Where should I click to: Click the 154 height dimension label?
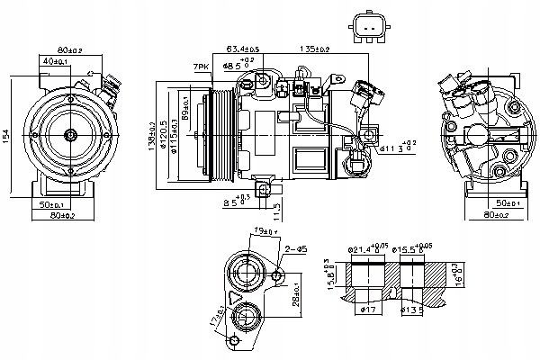pos(6,134)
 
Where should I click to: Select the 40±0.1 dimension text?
pos(52,62)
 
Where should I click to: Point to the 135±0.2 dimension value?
pos(313,49)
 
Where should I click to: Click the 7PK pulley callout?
pos(200,68)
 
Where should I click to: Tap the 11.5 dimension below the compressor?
pos(278,210)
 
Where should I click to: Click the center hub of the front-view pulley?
pos(70,135)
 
